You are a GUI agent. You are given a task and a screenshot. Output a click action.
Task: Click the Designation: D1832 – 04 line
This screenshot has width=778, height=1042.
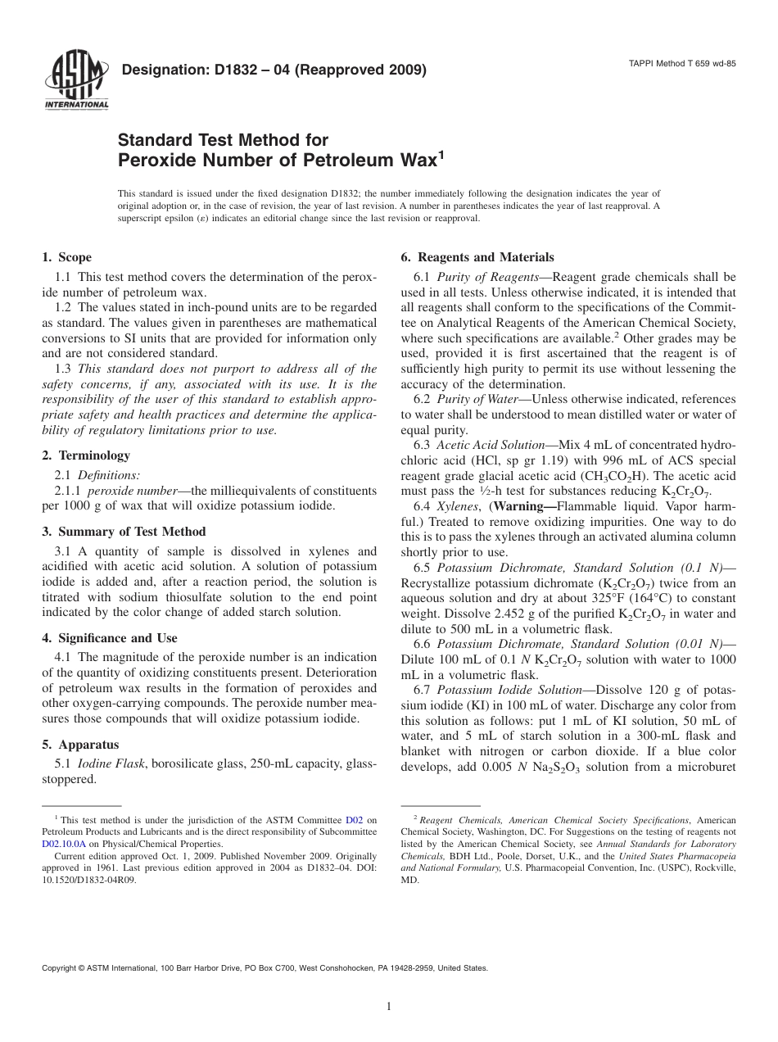point(274,70)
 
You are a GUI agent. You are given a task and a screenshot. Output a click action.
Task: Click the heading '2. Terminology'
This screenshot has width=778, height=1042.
point(85,455)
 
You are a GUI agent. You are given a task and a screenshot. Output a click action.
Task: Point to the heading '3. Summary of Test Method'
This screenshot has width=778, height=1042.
point(124,532)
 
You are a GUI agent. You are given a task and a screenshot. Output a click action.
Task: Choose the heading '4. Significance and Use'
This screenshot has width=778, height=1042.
point(109,638)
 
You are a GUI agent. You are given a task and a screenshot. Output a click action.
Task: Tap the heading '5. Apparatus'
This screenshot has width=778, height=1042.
point(80,745)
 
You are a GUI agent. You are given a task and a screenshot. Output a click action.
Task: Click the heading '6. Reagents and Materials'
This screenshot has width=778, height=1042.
point(477,257)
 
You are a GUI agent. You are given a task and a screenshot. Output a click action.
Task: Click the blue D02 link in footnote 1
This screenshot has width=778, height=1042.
point(354,819)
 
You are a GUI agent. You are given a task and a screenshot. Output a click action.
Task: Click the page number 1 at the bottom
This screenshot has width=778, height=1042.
point(389,1007)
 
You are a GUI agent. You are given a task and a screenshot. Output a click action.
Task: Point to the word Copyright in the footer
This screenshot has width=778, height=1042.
point(62,967)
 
